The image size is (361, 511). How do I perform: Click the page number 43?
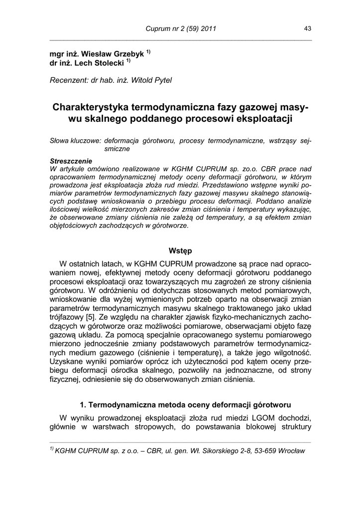click(x=308, y=29)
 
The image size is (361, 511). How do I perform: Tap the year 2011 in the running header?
click(x=207, y=29)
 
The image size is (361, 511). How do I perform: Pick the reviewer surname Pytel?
click(x=161, y=80)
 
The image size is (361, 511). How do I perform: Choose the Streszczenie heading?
click(x=71, y=161)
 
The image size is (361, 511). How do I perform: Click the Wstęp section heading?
click(x=180, y=251)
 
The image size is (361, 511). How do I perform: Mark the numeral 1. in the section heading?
click(x=83, y=404)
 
